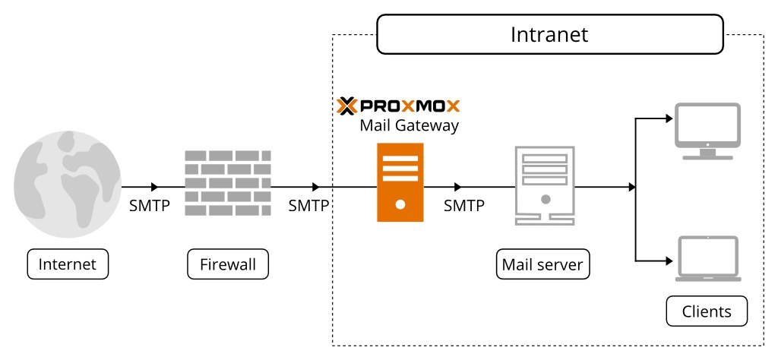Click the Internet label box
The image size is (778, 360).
pyautogui.click(x=68, y=265)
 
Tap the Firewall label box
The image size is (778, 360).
pyautogui.click(x=228, y=265)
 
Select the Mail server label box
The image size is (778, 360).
pyautogui.click(x=542, y=265)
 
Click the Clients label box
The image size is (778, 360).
pyautogui.click(x=707, y=311)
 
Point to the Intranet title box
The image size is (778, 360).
pyautogui.click(x=549, y=36)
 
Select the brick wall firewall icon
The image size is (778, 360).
pyautogui.click(x=228, y=182)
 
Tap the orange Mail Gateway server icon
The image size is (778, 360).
pyautogui.click(x=400, y=183)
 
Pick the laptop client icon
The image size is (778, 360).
pyautogui.click(x=707, y=259)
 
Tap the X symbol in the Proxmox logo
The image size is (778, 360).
pyautogui.click(x=347, y=105)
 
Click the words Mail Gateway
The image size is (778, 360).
pyautogui.click(x=409, y=125)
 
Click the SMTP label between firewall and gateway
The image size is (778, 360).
pyautogui.click(x=308, y=205)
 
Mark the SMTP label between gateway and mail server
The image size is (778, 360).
pyautogui.click(x=464, y=205)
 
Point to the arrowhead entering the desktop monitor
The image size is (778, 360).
pyautogui.click(x=669, y=118)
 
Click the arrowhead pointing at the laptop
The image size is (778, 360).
pyautogui.click(x=669, y=260)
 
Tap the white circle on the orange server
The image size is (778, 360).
pyautogui.click(x=400, y=204)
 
